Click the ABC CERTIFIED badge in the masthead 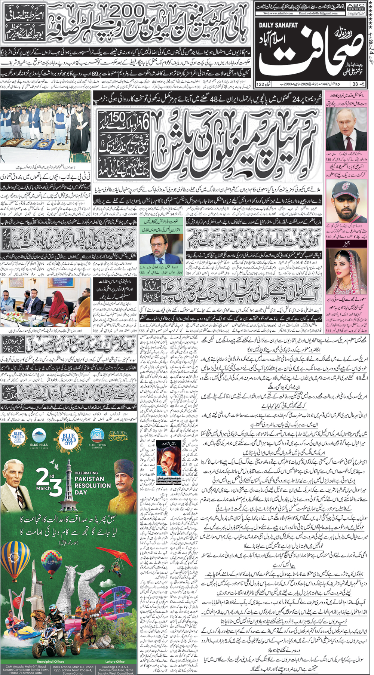(x=356, y=6)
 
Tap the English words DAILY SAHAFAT (x=278, y=25)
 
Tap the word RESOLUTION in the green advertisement (x=92, y=485)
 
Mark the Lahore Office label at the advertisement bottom (x=115, y=661)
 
